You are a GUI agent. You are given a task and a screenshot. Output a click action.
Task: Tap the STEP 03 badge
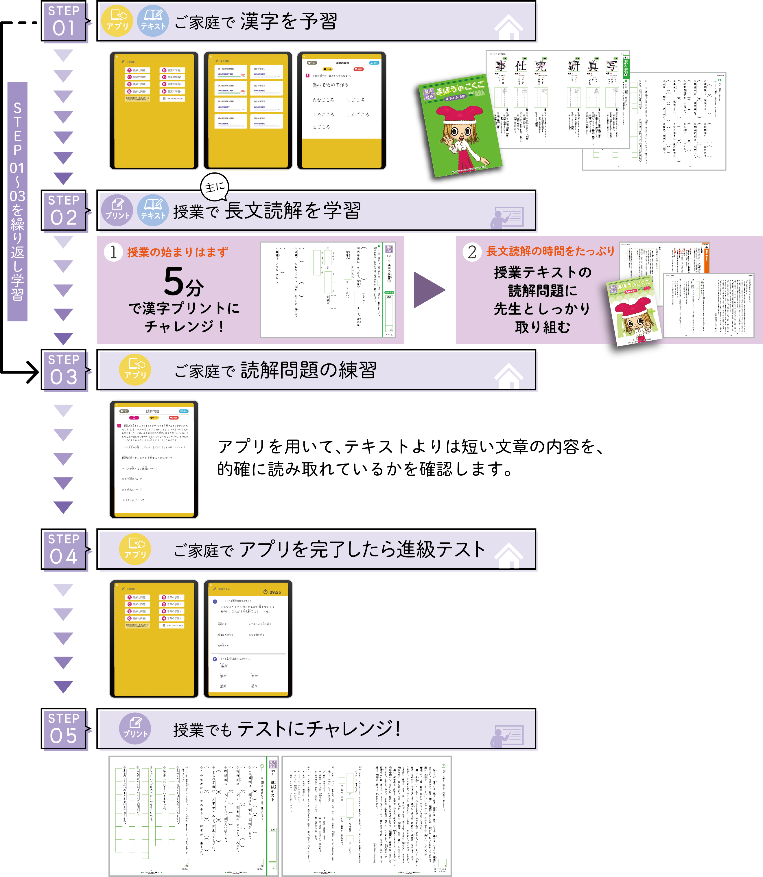point(64,370)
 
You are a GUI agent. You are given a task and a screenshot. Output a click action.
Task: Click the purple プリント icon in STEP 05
point(135,729)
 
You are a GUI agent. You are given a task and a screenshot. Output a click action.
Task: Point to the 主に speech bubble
point(215,187)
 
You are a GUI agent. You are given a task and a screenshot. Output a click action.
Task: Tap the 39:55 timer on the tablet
point(272,592)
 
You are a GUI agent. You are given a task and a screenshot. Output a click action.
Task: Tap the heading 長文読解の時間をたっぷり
point(550,251)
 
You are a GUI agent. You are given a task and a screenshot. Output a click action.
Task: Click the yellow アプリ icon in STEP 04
point(135,549)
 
